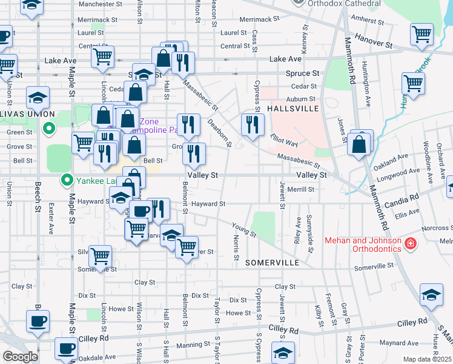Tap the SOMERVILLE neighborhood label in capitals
[272, 263]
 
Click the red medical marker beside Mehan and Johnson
[411, 244]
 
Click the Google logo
[20, 357]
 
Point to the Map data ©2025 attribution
[428, 359]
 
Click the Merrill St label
[301, 189]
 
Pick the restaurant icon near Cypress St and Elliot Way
[253, 124]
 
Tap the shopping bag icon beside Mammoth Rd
[359, 144]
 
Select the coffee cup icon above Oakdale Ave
[66, 349]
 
